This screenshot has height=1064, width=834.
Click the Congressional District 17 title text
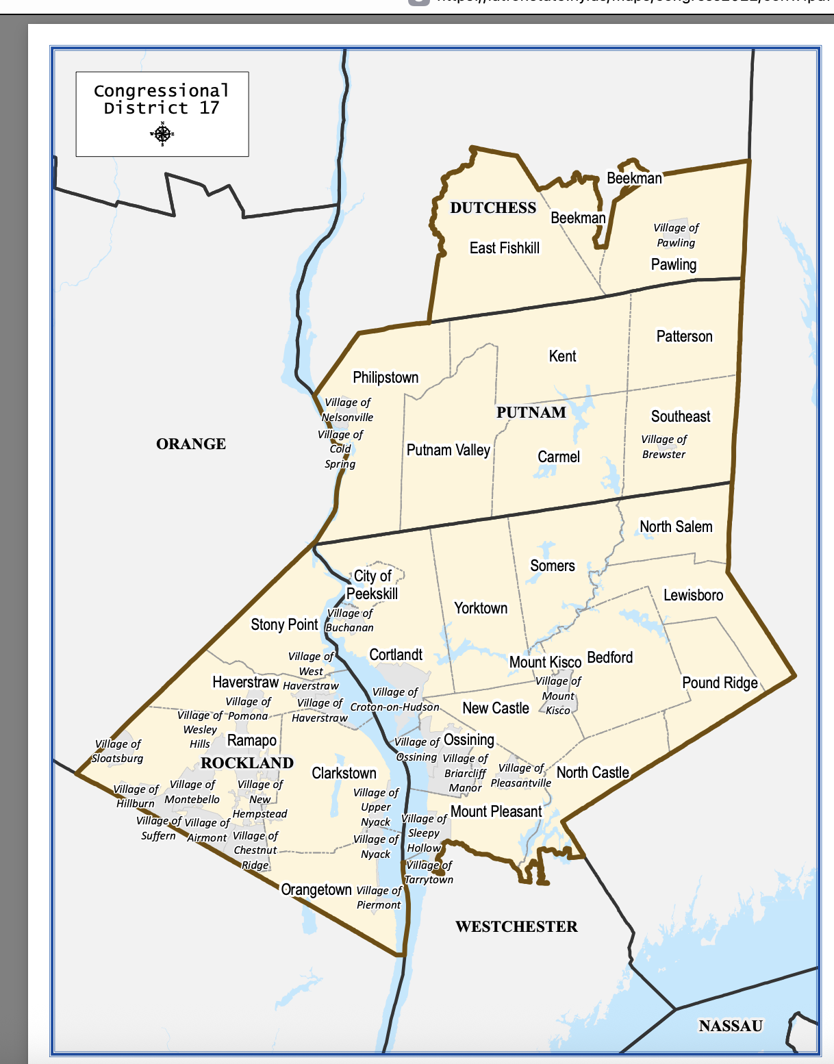point(162,99)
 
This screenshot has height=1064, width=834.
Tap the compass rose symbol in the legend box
point(162,134)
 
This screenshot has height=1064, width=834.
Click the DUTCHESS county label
point(493,208)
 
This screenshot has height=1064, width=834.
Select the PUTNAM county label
point(531,412)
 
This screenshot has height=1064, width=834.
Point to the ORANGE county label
point(191,444)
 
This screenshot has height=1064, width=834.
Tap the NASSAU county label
point(731,1026)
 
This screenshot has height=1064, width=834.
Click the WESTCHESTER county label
point(516,926)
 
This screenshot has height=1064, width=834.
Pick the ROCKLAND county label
point(247,763)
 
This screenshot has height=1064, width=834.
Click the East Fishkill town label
point(505,248)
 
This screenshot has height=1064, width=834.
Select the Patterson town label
point(685,336)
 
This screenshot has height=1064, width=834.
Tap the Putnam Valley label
point(448,450)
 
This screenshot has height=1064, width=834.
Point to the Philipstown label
point(386,377)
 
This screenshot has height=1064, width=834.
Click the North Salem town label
point(676,527)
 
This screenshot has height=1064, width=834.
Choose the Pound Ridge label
point(720,683)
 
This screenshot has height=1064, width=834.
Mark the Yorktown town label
point(481,608)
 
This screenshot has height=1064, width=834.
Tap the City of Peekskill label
point(372,585)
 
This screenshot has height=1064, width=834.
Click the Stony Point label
point(284,624)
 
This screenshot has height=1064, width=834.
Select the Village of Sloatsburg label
point(118,751)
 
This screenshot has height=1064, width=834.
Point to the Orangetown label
point(316,889)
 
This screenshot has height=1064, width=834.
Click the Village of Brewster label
point(664,446)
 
